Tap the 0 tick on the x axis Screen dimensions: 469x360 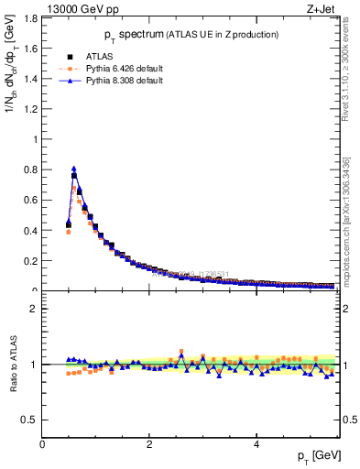(42, 443)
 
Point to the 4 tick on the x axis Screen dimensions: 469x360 (256, 443)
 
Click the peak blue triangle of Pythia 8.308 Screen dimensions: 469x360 (74, 169)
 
